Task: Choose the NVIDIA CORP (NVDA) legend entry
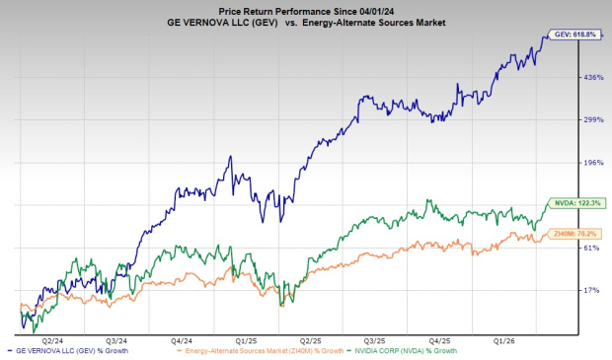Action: [x=407, y=351]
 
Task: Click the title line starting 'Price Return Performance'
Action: [x=305, y=9]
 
